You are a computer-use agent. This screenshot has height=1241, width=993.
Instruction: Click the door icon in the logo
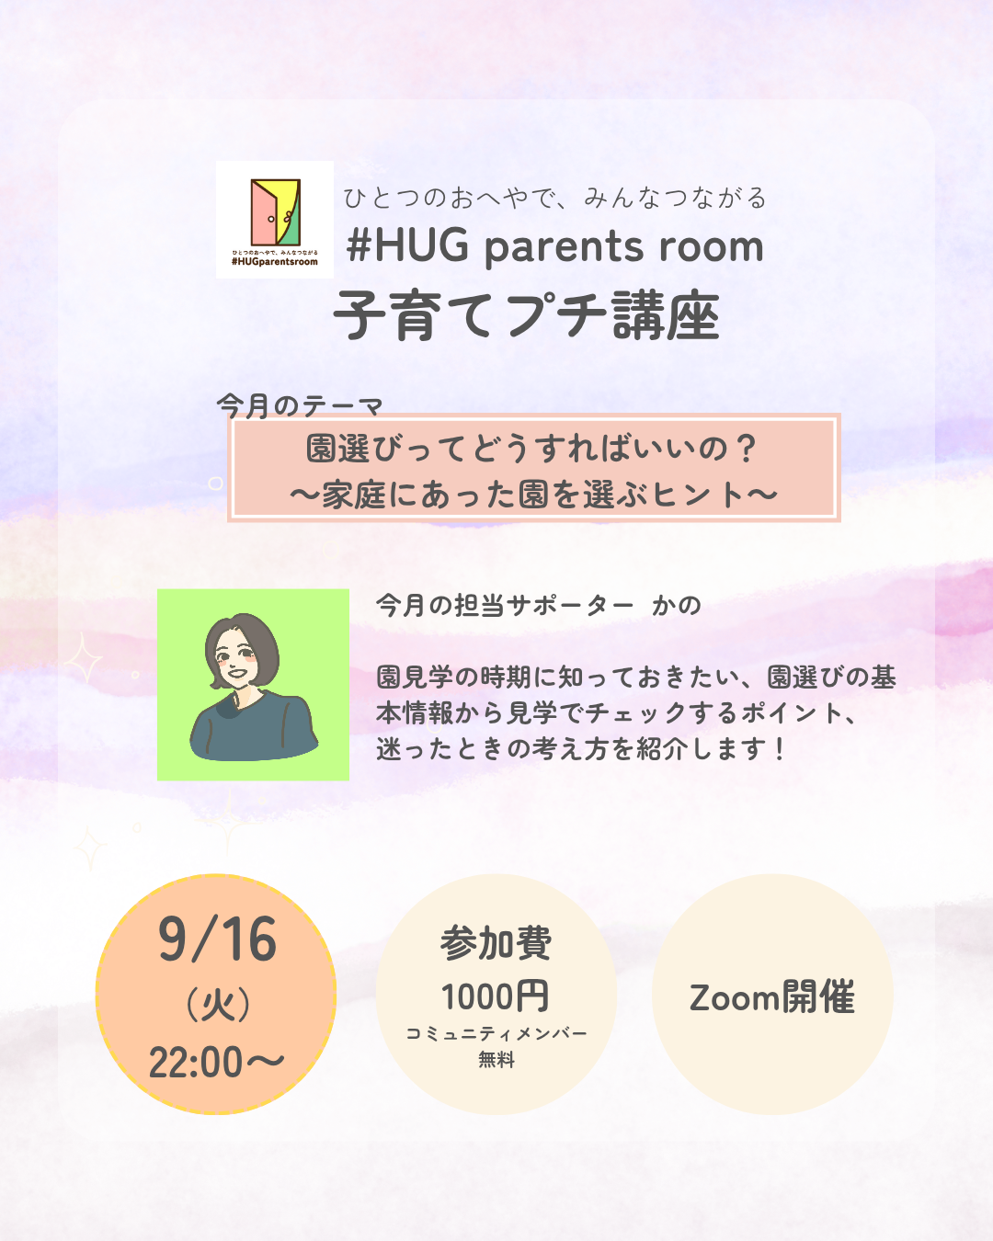click(x=275, y=212)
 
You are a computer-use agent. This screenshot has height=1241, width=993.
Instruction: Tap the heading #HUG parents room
click(x=555, y=246)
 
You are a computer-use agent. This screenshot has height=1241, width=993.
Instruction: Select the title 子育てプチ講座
click(x=527, y=315)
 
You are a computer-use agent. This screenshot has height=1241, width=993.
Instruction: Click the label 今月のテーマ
click(x=300, y=405)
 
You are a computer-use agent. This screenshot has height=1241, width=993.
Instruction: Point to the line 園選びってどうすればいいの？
click(x=532, y=448)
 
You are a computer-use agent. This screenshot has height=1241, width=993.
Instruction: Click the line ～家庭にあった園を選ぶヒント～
click(x=533, y=495)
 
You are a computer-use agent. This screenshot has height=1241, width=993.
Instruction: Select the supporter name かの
click(x=676, y=606)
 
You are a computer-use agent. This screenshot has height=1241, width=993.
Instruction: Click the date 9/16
click(x=218, y=939)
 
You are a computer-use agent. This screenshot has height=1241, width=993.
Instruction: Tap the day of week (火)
click(x=218, y=1005)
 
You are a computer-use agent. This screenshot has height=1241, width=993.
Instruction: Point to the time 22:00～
click(x=216, y=1063)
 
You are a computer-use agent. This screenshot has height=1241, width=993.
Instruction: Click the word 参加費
click(x=496, y=943)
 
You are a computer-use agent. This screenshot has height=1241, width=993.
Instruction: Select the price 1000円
click(x=496, y=996)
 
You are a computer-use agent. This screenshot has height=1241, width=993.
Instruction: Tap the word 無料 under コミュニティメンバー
click(x=496, y=1059)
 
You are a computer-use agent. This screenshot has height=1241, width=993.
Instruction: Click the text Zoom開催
click(x=772, y=997)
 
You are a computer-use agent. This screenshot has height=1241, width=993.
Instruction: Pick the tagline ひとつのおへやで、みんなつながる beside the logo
click(x=555, y=198)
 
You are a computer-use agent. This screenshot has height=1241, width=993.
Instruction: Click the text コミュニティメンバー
click(x=496, y=1033)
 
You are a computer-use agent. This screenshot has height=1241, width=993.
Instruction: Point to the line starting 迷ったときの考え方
click(x=580, y=749)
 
